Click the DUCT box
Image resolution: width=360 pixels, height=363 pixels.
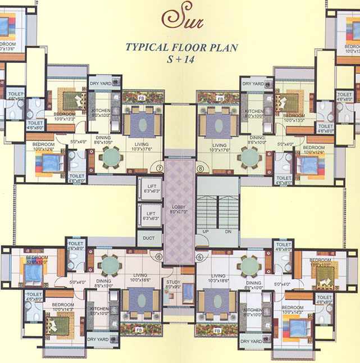(148, 238)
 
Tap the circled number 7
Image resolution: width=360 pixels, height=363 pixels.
(159, 167)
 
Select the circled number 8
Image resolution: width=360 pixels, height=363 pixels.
(200, 167)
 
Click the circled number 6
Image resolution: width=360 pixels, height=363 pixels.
(160, 257)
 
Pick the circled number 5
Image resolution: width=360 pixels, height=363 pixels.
(200, 257)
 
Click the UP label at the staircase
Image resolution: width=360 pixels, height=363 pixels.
(205, 232)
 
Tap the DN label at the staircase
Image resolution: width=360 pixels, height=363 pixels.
(228, 232)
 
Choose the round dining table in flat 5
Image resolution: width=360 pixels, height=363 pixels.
(248, 265)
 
